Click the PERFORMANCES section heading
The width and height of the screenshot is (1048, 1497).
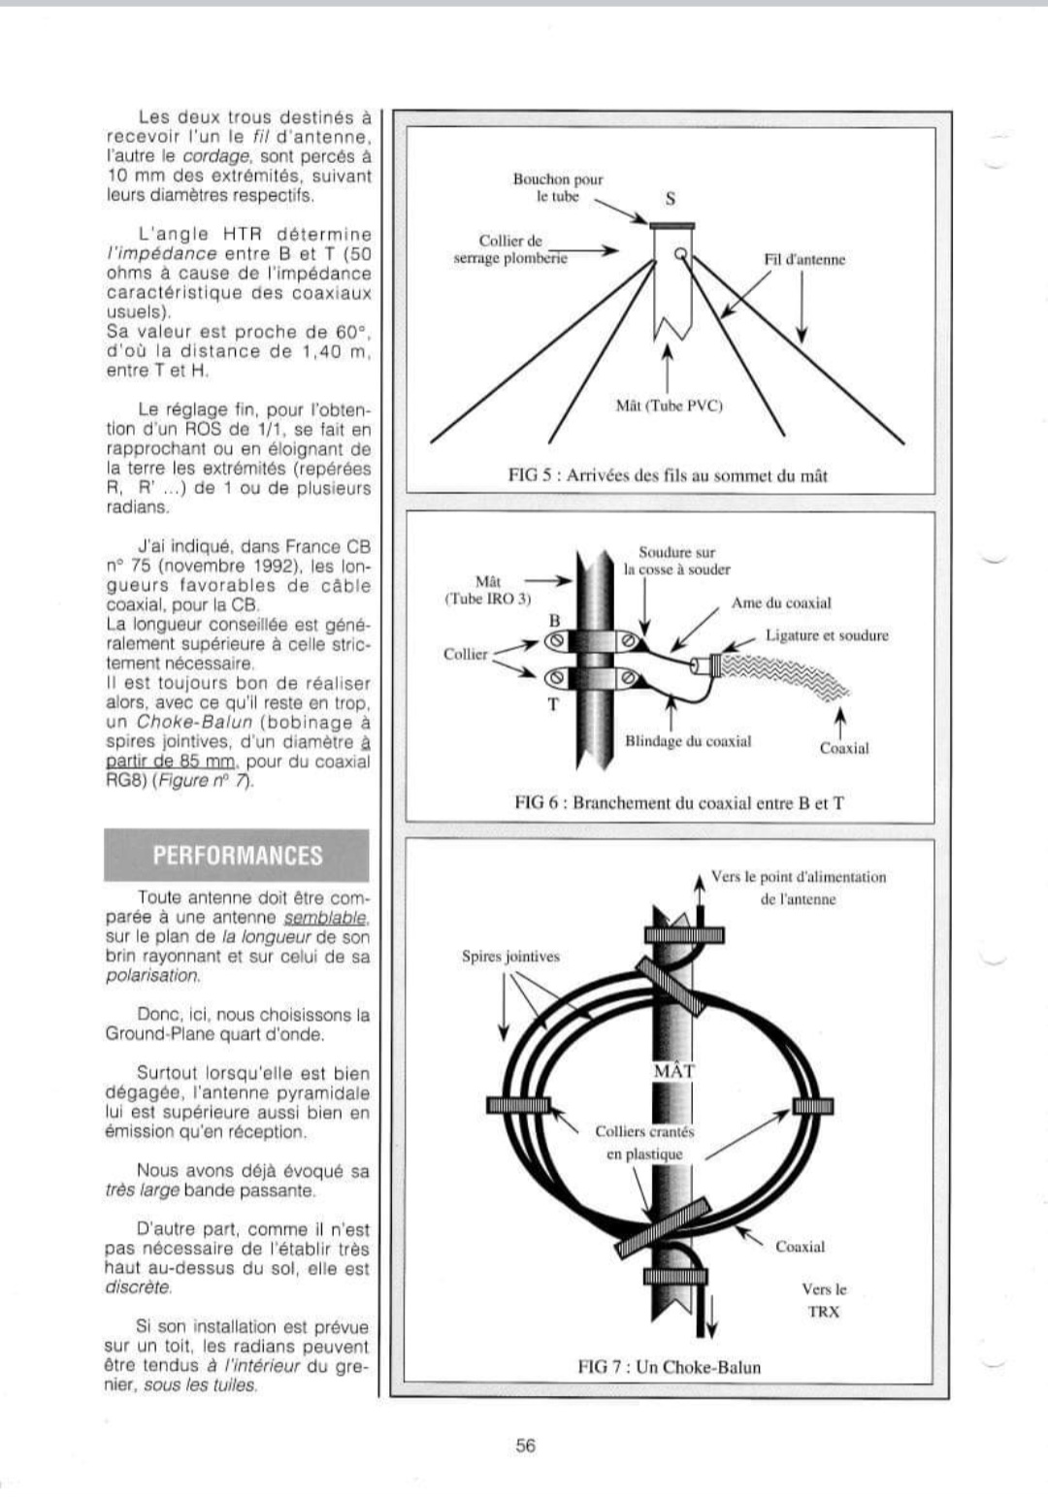pos(237,856)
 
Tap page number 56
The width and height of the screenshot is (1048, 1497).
pos(525,1445)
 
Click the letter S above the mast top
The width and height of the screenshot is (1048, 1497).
pos(671,199)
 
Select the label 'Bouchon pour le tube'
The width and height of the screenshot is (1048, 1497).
pos(558,187)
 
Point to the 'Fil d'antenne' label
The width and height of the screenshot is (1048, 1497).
pos(804,259)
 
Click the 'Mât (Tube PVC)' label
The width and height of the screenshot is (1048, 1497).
pos(670,406)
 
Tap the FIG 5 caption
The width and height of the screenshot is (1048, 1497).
pos(668,474)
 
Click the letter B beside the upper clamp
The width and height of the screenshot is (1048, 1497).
pos(554,619)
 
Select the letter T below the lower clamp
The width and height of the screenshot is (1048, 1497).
pos(553,704)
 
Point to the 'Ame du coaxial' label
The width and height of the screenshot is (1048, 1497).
pos(781,602)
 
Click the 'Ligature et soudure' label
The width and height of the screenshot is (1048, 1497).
pos(827,635)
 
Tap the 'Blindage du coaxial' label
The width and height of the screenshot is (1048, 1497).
pos(688,741)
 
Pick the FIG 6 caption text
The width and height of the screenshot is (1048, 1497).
pos(678,802)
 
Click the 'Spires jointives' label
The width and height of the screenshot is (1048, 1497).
pos(510,957)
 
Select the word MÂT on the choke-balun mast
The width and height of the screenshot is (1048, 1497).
pos(673,1070)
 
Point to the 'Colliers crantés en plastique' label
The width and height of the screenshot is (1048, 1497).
pos(645,1142)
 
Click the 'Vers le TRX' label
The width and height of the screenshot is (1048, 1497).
pos(823,1300)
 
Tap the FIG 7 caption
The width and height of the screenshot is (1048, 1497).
pos(669,1367)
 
